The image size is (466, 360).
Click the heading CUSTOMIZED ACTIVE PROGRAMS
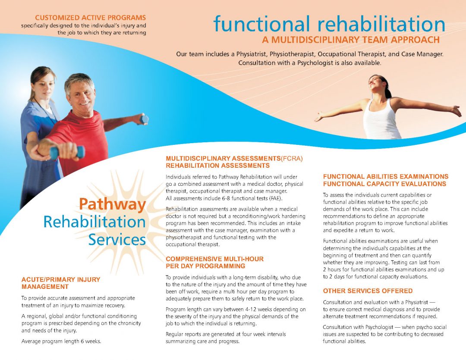(91, 18)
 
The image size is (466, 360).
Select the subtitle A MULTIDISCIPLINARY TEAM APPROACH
(351, 40)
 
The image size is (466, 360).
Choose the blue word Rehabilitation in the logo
(94, 222)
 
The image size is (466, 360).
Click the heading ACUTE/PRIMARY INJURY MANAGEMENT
(60, 283)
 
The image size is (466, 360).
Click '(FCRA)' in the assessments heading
(292, 159)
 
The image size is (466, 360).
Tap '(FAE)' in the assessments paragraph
(274, 198)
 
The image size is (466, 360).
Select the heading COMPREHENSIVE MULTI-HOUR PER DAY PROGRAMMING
(214, 262)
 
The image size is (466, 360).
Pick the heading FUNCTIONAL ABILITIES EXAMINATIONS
(385, 176)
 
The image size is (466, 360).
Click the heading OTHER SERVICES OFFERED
(368, 291)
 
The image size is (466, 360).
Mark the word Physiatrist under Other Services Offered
(408, 302)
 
